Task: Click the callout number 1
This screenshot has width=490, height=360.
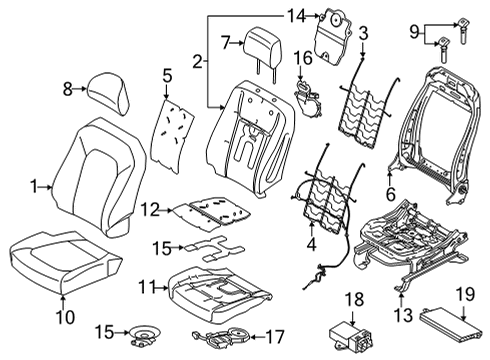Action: (x=33, y=185)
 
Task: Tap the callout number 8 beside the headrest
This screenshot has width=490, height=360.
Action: (x=67, y=89)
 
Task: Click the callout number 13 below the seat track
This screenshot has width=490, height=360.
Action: (x=401, y=317)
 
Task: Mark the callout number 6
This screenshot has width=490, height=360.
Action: (x=388, y=197)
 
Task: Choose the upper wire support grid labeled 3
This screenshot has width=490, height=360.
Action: (x=365, y=103)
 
